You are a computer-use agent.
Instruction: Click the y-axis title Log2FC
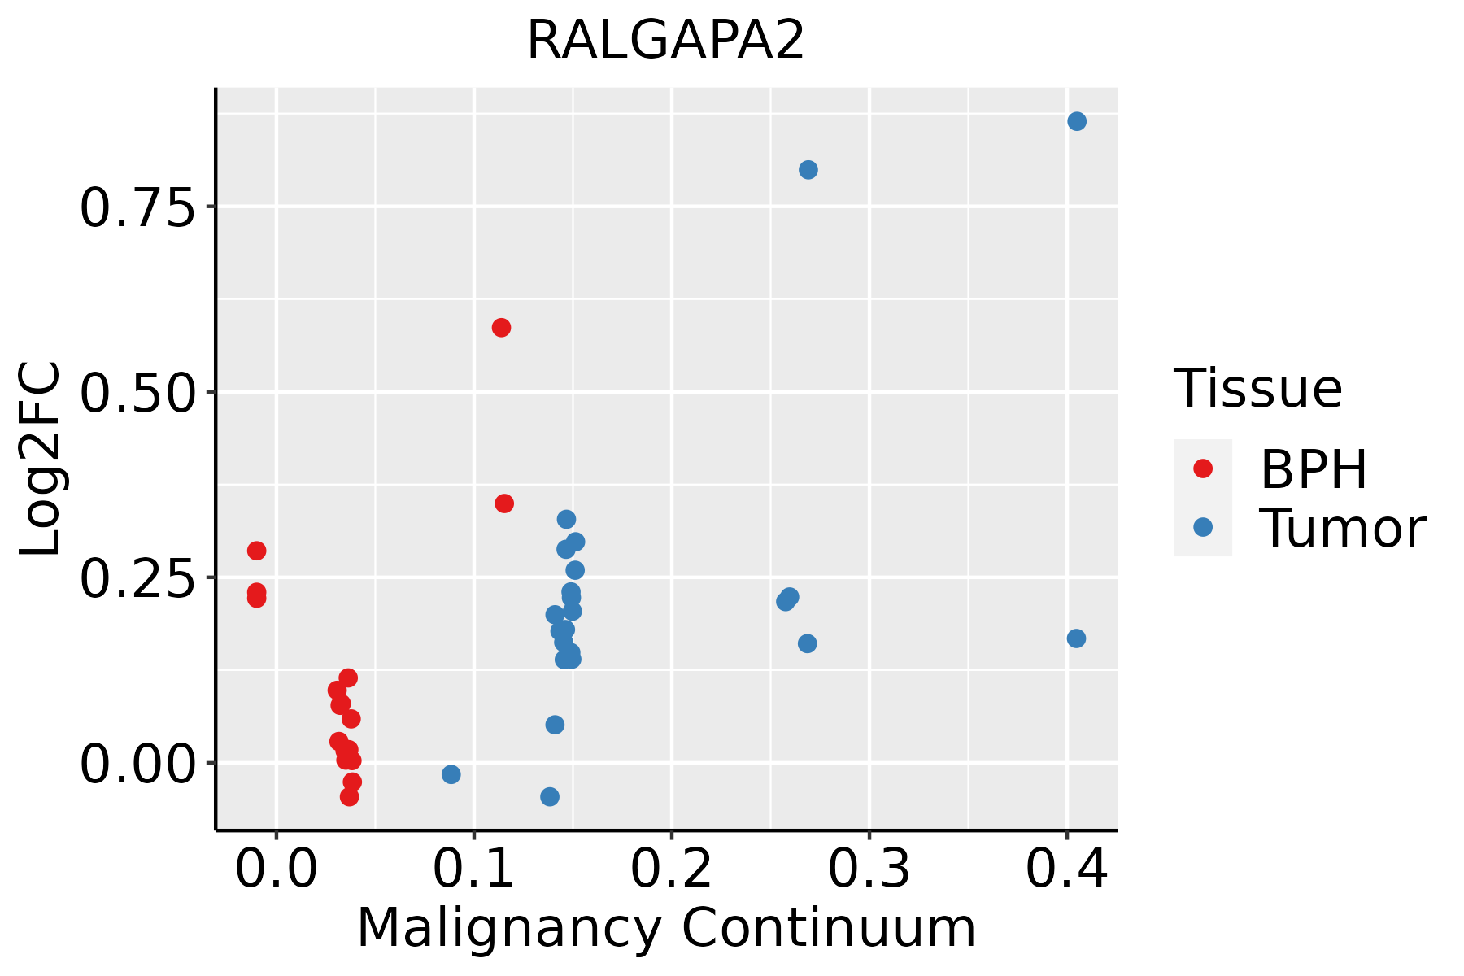(41, 460)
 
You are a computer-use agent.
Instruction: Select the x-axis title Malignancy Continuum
(665, 929)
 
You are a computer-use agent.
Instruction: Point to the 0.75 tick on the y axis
(138, 207)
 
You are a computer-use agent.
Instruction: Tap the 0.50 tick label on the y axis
(138, 393)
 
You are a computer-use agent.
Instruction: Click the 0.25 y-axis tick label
(138, 578)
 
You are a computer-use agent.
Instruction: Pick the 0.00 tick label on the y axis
(138, 764)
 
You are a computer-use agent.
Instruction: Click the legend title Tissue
(1258, 389)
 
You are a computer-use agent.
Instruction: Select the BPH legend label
(1313, 469)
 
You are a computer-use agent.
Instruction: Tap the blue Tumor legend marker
(1202, 527)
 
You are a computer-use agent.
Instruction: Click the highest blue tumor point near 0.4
(1077, 121)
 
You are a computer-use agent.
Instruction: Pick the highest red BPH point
(501, 328)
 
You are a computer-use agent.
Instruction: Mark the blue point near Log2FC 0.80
(808, 170)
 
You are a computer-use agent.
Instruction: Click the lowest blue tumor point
(550, 796)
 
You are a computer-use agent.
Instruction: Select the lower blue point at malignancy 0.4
(1076, 638)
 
